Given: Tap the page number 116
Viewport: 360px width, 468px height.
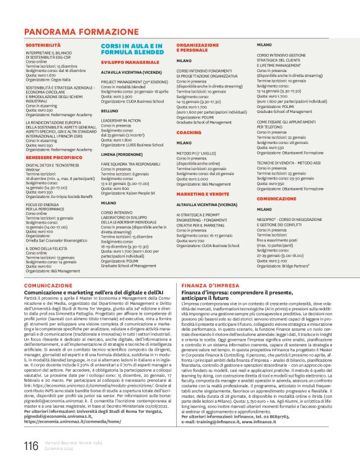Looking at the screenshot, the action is pos(30,446).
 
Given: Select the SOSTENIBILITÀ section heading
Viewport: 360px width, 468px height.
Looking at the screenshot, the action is pos(43,46).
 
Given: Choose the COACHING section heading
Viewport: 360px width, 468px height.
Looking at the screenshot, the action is pos(189,132).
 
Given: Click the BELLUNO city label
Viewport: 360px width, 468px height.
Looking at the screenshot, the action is pos(110,111).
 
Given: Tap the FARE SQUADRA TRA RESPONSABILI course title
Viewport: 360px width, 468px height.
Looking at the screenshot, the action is pos(130,163).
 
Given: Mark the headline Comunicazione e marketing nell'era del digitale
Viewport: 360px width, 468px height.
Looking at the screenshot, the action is pos(94,291).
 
